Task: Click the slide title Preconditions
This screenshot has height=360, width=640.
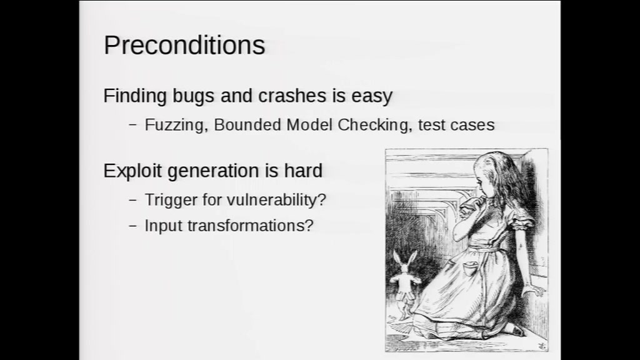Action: pos(184,45)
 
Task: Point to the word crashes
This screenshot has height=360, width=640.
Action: pos(292,96)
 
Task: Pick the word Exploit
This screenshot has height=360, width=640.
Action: pos(132,171)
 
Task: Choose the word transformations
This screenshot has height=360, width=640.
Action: pos(250,225)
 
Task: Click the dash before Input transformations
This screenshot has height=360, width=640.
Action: pos(132,226)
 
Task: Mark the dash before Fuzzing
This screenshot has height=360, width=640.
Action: pos(132,125)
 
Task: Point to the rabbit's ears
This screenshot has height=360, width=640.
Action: pos(404,259)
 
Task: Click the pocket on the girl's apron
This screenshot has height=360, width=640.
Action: pos(471,269)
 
